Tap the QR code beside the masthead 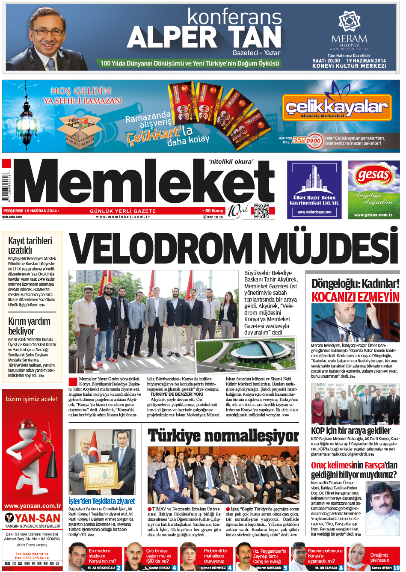261,211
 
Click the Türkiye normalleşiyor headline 223,436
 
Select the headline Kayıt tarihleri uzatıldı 30,245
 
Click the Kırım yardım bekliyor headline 29,326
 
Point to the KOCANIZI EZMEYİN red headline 355,297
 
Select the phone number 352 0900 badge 307,140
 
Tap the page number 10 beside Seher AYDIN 397,568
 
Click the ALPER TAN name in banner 204,38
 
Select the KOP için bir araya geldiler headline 351,430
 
